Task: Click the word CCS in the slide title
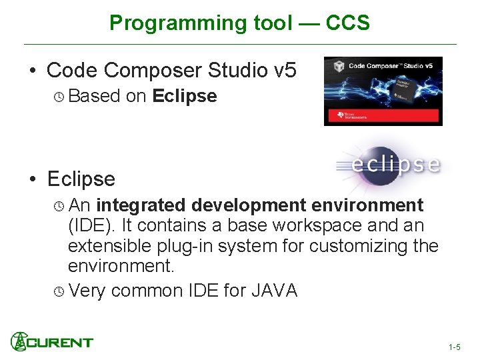347,23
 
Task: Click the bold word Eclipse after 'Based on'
184,96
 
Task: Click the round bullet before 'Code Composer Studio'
32,71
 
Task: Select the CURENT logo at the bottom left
52,342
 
